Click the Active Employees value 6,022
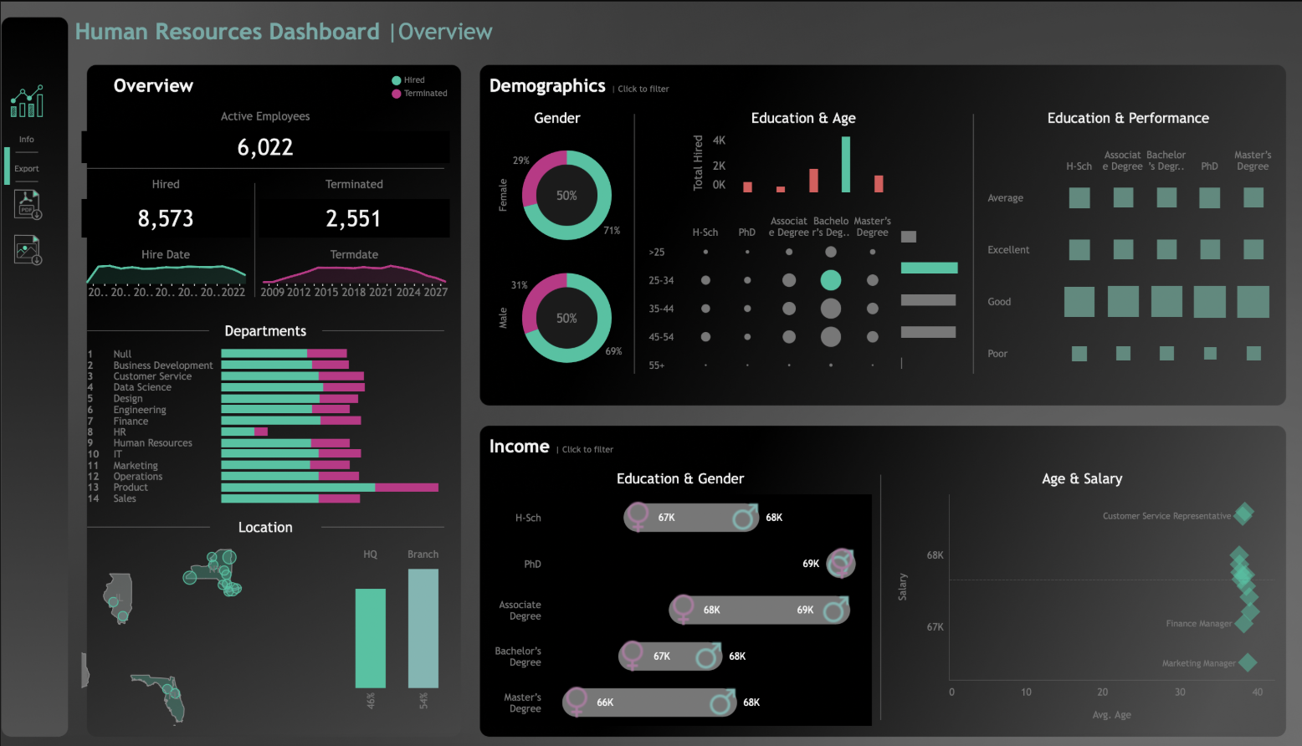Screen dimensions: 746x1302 click(265, 147)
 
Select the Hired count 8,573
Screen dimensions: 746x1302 click(166, 218)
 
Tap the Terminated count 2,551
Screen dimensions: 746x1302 click(353, 218)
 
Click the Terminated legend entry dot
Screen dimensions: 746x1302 click(397, 94)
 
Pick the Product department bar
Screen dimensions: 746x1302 click(329, 487)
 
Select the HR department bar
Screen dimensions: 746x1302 click(243, 432)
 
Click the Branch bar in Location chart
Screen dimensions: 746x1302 click(423, 628)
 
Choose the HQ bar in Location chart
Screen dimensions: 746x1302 click(370, 638)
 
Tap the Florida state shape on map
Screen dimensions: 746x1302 click(164, 694)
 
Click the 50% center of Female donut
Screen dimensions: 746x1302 click(566, 196)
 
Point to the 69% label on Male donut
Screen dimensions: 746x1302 click(613, 351)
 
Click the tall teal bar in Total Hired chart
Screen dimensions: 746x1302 click(846, 164)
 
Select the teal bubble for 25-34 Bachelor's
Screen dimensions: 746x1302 click(830, 280)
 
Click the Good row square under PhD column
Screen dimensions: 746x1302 click(1209, 302)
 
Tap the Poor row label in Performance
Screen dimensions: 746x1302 click(997, 354)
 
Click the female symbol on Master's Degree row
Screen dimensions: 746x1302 click(576, 702)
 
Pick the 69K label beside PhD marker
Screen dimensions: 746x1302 click(811, 564)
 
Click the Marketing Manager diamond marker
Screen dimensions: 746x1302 click(1248, 662)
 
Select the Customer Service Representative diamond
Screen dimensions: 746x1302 click(1244, 514)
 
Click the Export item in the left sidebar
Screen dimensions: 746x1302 click(27, 169)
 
